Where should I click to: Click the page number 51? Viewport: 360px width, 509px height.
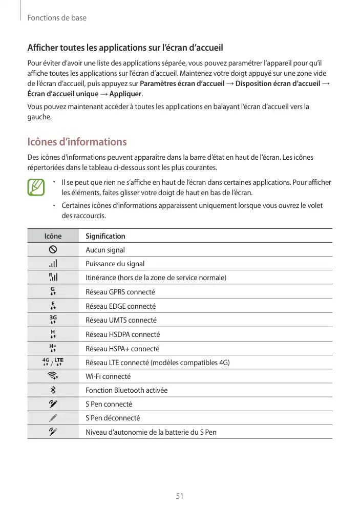click(180, 496)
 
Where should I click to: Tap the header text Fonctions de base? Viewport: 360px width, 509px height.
click(57, 18)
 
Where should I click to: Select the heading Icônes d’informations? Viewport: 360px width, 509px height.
click(77, 142)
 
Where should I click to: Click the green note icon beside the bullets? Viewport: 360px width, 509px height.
click(36, 187)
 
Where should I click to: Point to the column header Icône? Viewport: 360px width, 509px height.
click(53, 236)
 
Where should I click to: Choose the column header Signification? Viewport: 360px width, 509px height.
click(105, 236)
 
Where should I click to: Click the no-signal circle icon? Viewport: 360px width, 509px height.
click(53, 249)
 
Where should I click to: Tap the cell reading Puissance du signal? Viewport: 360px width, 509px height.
click(115, 264)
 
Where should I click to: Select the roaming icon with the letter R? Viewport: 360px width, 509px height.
click(53, 277)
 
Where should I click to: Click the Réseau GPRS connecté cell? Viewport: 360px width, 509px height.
click(120, 292)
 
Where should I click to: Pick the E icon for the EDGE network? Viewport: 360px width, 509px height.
click(53, 306)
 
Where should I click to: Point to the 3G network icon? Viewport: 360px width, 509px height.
click(53, 320)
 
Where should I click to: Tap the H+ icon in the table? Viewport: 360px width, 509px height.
click(53, 348)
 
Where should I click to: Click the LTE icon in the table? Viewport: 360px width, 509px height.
click(59, 362)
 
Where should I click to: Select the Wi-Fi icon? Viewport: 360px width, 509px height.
click(53, 376)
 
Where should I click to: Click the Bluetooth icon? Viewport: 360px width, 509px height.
click(53, 390)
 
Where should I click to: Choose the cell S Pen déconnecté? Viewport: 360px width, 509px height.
click(113, 418)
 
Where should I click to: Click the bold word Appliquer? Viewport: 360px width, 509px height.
click(126, 94)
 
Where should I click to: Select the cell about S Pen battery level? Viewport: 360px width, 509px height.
click(151, 432)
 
